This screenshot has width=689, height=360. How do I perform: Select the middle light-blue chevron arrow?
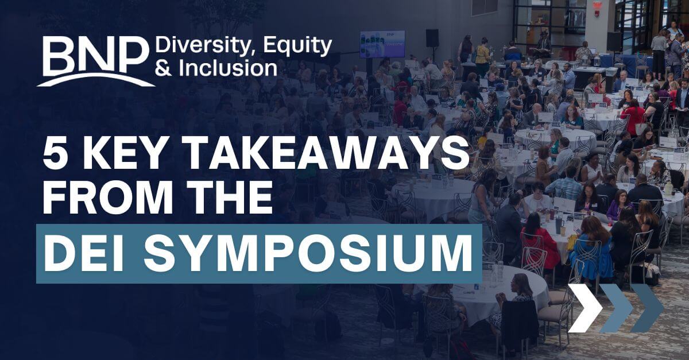tap(616, 308)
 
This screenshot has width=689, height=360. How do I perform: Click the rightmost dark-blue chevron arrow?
tap(647, 308)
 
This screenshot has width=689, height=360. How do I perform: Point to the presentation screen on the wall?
tap(382, 44)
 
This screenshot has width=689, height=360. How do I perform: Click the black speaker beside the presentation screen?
tap(432, 38)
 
